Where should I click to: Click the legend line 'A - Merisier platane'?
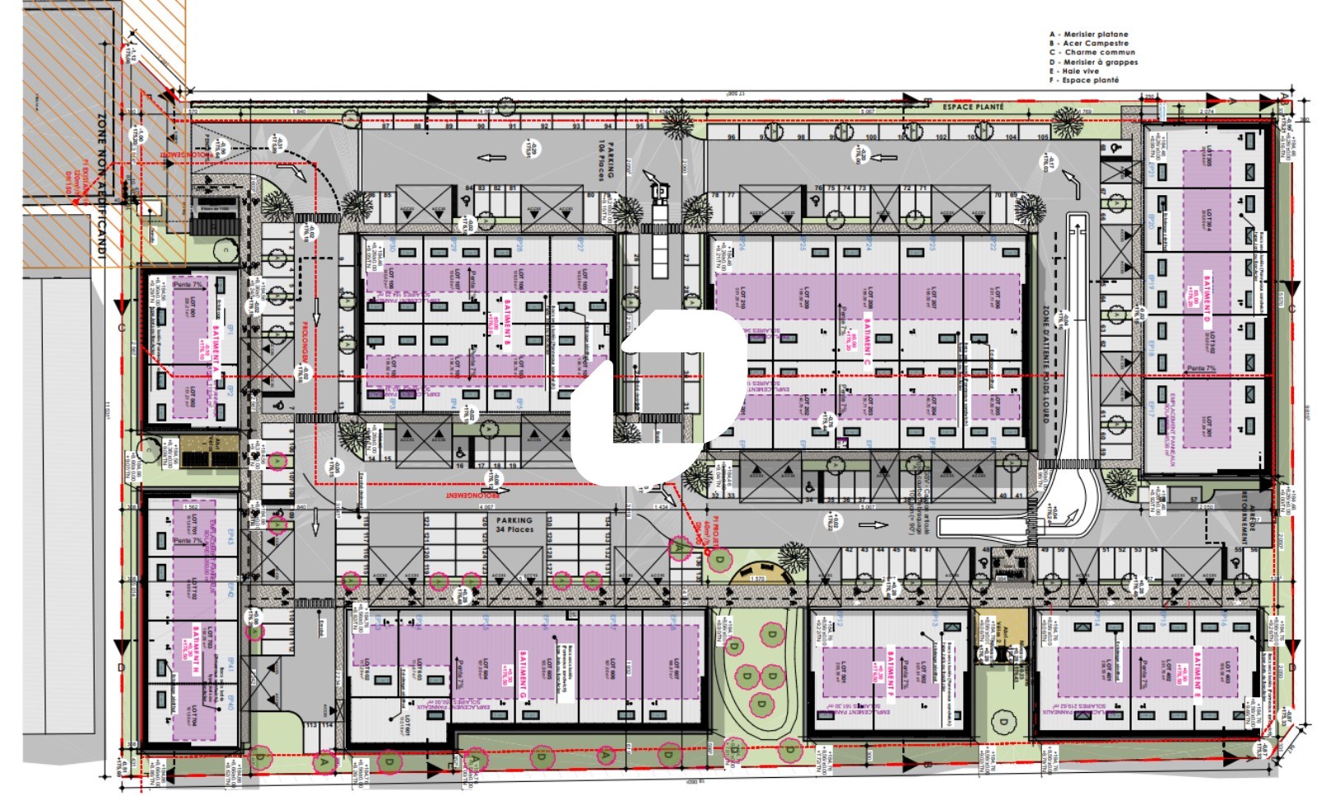click(1088, 35)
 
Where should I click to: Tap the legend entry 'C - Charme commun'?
click(1091, 53)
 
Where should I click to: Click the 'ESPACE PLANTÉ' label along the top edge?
click(973, 107)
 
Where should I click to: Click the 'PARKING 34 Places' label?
click(514, 525)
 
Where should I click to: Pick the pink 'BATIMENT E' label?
click(1196, 673)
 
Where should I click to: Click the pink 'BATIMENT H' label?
click(196, 650)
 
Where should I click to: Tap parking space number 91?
click(513, 126)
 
